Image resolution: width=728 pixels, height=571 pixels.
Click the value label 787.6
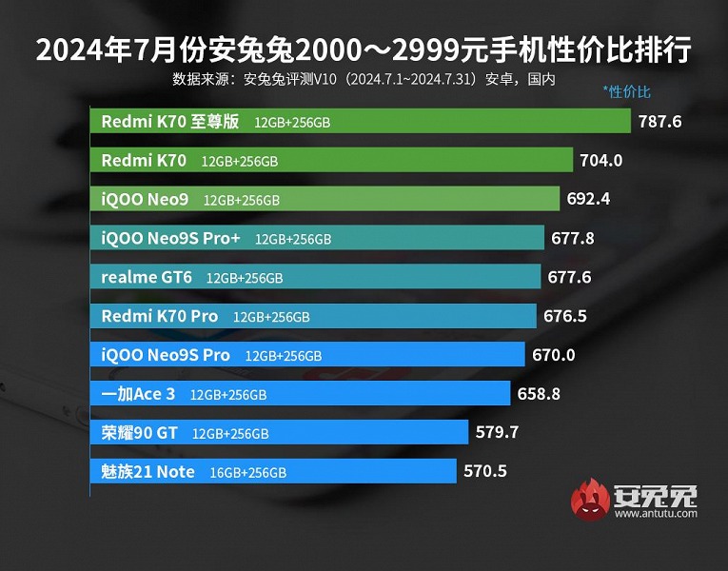[659, 122]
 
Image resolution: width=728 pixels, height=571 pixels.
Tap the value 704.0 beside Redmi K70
[600, 161]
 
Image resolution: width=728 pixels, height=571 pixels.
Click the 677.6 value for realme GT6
[570, 278]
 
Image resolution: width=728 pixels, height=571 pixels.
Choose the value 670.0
[553, 355]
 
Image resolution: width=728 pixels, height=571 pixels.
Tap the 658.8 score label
[539, 393]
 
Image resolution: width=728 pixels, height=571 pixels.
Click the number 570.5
[484, 471]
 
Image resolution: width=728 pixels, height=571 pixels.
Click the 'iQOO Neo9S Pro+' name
[171, 238]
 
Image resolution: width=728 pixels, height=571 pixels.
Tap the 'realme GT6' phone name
[147, 277]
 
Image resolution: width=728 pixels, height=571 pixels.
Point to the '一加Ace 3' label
[138, 393]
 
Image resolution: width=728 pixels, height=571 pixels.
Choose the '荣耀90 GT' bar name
[139, 432]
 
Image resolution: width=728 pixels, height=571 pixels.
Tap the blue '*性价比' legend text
[626, 92]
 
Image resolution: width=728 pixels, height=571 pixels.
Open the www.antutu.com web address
[657, 514]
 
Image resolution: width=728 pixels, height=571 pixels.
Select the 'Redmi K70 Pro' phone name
[160, 316]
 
